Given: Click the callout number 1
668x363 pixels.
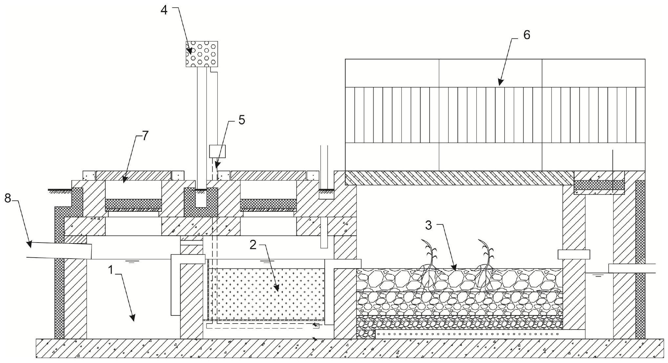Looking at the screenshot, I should (111, 270).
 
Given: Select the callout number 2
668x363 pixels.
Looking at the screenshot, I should (252, 245).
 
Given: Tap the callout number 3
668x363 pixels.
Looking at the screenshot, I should (428, 225).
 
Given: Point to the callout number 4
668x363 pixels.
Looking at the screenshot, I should (164, 10).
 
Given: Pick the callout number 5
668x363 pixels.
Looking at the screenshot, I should (241, 120).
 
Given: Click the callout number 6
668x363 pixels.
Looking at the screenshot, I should (526, 35).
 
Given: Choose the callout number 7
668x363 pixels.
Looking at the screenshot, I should (145, 135).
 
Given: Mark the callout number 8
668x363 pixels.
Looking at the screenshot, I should (8, 198).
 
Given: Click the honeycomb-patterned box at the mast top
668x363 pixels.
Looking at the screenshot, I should (202, 54).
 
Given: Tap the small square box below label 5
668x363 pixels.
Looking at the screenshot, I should (217, 151).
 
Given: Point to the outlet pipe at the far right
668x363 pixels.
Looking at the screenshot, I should (632, 268).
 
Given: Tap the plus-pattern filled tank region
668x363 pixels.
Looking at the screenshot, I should (266, 294).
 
